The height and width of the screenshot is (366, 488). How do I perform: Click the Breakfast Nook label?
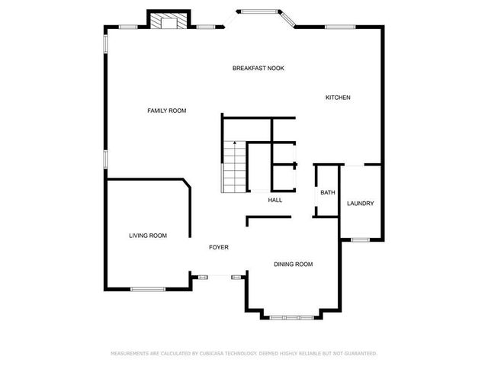point(258,69)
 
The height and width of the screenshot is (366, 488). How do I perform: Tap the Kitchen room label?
point(338,98)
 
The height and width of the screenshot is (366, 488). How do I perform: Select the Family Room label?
point(167,111)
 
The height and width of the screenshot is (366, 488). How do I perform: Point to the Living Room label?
point(148,236)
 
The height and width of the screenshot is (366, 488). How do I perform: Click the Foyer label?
point(219,248)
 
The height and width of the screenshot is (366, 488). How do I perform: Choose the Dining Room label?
point(294,265)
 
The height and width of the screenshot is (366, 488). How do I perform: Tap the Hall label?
point(275,201)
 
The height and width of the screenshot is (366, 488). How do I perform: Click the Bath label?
point(328,193)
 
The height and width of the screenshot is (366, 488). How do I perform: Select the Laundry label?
point(360,204)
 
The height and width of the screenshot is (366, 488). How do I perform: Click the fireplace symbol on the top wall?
point(166,21)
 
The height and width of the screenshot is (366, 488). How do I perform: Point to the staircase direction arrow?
point(234,143)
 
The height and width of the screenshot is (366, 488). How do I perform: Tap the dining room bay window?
point(285,316)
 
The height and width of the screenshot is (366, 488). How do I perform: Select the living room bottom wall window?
point(147,289)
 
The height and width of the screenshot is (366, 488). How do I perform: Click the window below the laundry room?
point(360,240)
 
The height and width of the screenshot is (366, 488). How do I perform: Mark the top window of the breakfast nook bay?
point(260,11)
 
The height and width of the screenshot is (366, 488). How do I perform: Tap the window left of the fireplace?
point(128,27)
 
